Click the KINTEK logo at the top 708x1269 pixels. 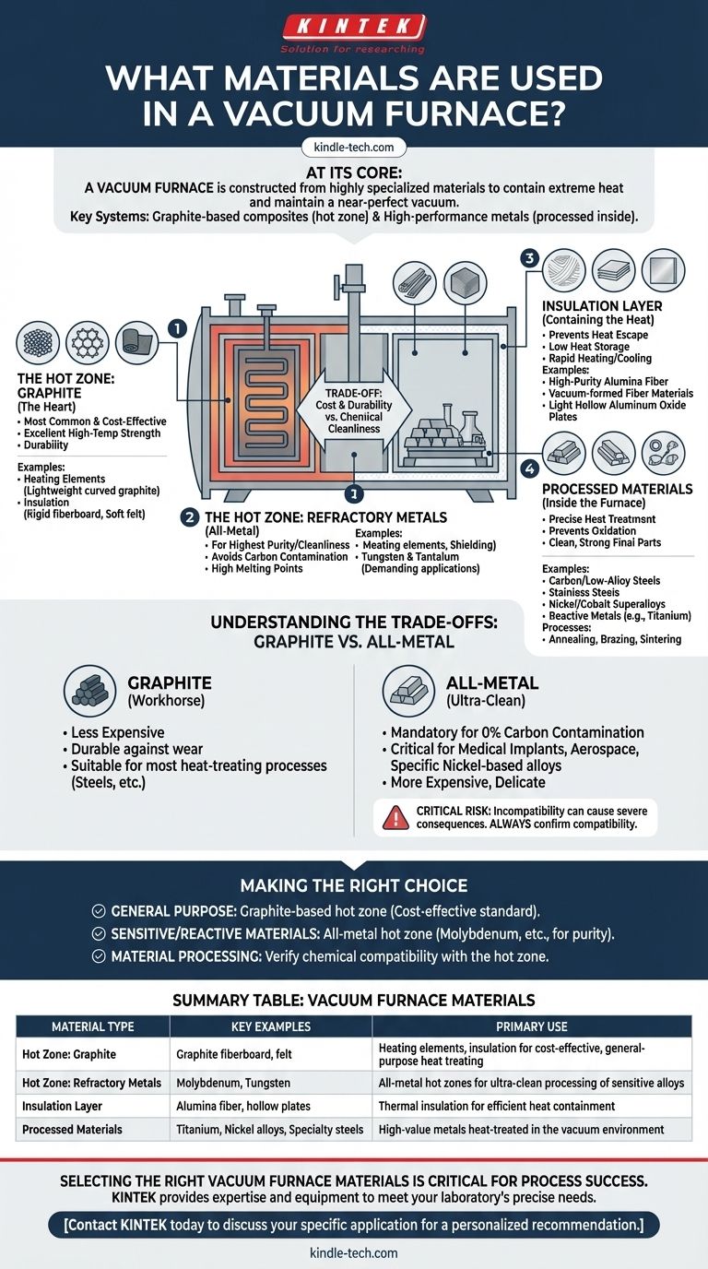353,26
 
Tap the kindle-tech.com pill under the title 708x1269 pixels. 354,146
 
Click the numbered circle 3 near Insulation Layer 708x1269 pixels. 529,258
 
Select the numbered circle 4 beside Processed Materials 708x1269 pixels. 529,469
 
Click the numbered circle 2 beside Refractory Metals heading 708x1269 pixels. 190,516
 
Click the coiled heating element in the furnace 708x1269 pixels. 255,393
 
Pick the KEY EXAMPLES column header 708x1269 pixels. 271,1026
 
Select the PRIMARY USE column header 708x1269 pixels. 532,1026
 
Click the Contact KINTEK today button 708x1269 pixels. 354,1224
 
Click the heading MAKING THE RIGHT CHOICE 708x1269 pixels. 354,885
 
